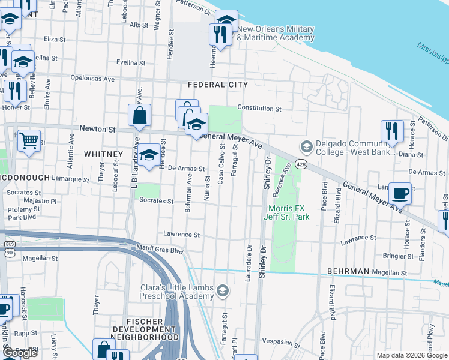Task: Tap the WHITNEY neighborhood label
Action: (103, 154)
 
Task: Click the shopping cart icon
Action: (29, 141)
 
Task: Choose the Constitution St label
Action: (259, 109)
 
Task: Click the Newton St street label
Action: (98, 129)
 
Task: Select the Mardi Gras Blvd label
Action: (159, 250)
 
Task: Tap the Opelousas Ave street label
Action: (92, 79)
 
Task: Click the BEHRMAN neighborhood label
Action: (348, 272)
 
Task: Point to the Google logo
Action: (20, 353)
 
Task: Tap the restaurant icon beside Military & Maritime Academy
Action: (220, 34)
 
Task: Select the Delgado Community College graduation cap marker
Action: (306, 146)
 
